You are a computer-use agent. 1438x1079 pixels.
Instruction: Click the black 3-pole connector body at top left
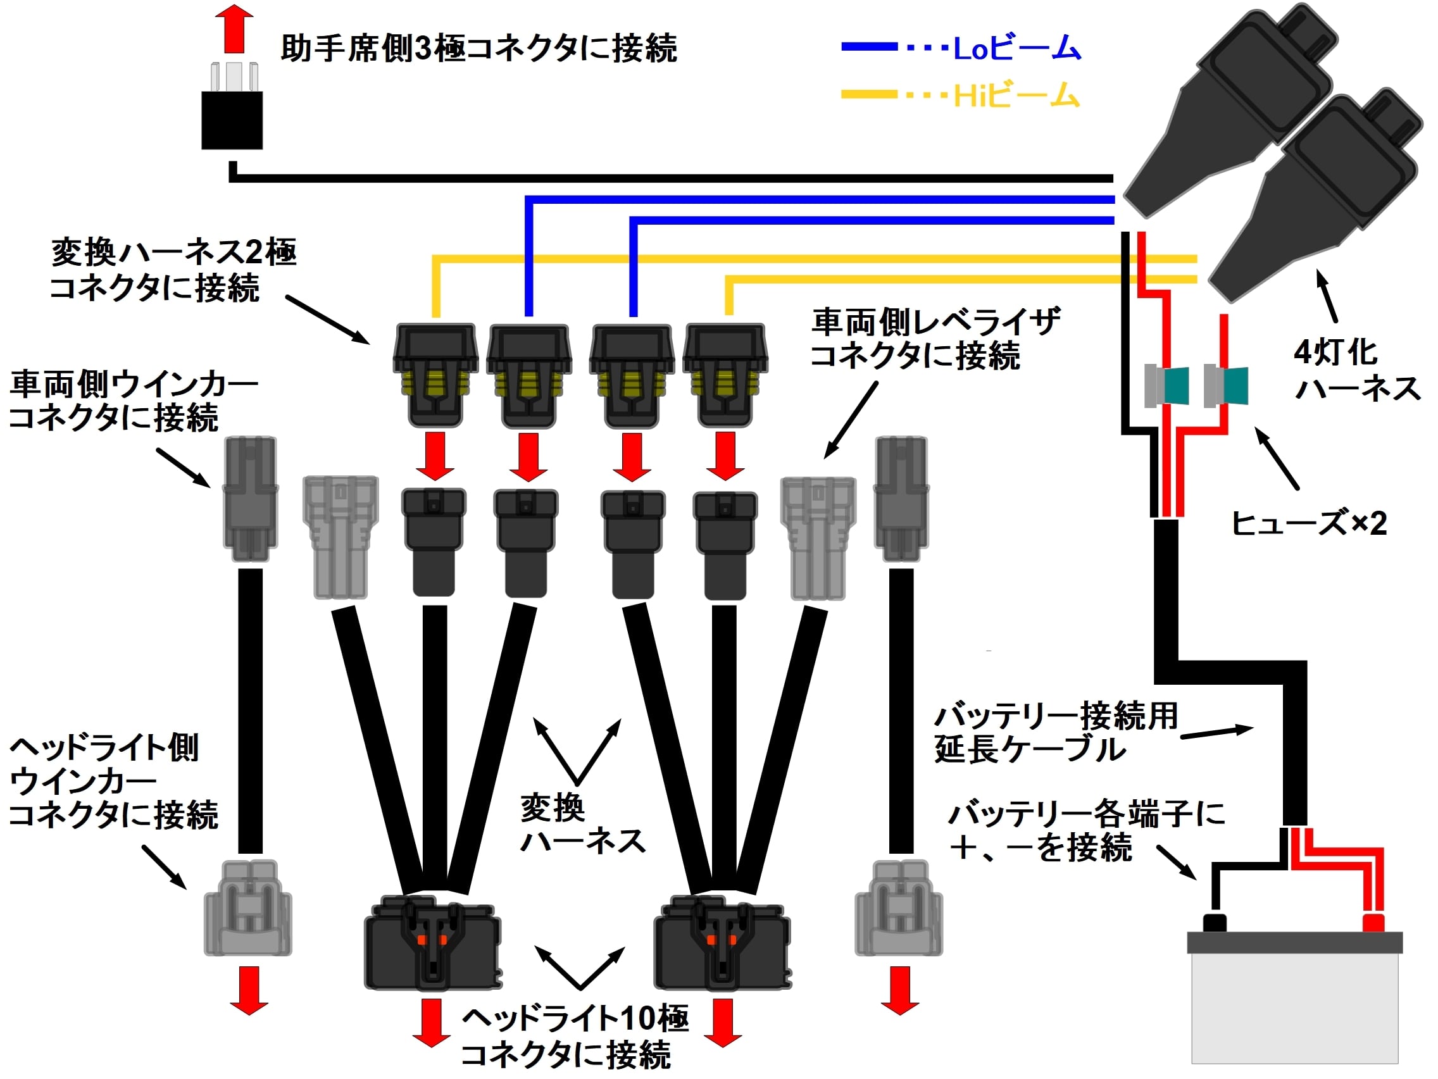(x=232, y=120)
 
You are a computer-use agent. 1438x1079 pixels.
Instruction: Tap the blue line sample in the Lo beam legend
(x=869, y=47)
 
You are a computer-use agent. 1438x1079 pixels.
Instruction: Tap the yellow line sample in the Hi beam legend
(x=869, y=95)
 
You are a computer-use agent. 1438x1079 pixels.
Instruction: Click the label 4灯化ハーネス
(x=1356, y=370)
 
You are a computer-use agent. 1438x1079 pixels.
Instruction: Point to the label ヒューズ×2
(x=1309, y=523)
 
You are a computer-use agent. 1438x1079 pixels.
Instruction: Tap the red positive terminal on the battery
(x=1373, y=923)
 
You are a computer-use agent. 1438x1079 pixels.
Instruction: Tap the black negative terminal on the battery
(x=1215, y=923)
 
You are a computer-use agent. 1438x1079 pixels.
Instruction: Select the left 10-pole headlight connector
(x=432, y=942)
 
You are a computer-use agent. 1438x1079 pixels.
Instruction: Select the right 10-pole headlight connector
(x=722, y=942)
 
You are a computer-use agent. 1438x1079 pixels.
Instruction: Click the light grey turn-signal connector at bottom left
(x=247, y=908)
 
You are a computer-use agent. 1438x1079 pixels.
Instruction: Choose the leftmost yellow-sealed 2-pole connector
(x=435, y=376)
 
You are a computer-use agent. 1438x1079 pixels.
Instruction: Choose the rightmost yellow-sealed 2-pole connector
(x=725, y=376)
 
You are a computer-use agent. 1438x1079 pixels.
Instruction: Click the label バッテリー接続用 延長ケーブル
(x=1054, y=733)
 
